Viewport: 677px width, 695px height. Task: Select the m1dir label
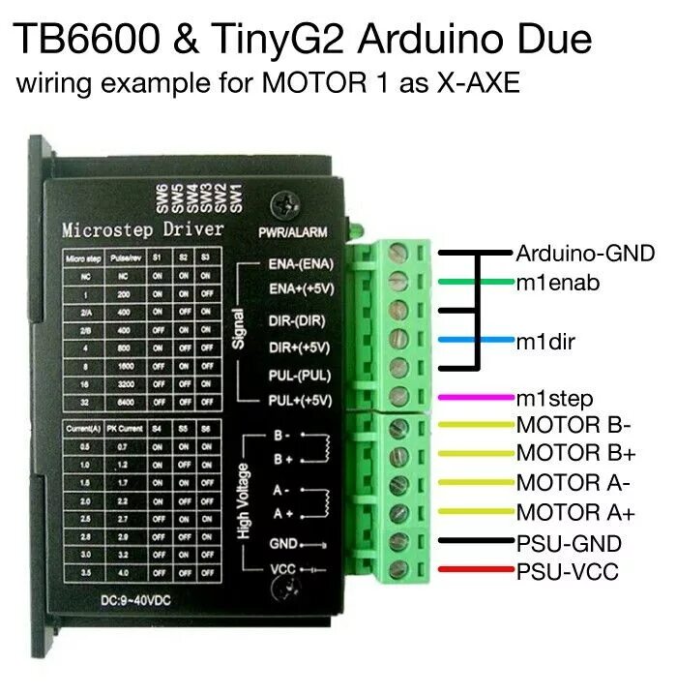point(543,340)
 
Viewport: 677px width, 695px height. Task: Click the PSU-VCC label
point(567,571)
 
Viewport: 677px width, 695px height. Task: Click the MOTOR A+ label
point(575,512)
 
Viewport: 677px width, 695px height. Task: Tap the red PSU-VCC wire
point(474,571)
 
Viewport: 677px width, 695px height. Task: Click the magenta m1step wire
point(474,397)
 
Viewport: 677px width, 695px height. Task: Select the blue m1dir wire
point(474,340)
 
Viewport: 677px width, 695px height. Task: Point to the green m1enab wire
point(474,282)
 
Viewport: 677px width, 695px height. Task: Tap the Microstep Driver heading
point(142,230)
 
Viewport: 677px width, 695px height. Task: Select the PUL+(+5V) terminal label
point(300,399)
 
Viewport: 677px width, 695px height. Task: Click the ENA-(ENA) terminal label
point(300,262)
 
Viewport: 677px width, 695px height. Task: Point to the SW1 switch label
point(235,197)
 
